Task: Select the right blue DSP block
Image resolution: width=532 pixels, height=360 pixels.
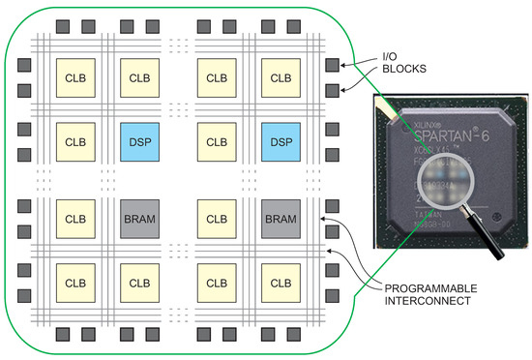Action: tap(280, 140)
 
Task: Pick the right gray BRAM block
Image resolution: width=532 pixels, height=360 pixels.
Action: tap(280, 220)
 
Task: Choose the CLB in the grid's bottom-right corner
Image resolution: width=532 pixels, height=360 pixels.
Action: tap(280, 284)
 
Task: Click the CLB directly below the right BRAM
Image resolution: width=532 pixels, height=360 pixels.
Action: tap(280, 284)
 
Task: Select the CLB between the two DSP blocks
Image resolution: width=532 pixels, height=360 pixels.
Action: tap(215, 140)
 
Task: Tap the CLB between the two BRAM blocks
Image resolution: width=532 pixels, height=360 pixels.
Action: tap(215, 220)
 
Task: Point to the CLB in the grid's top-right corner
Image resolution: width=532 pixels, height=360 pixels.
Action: tap(280, 76)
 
